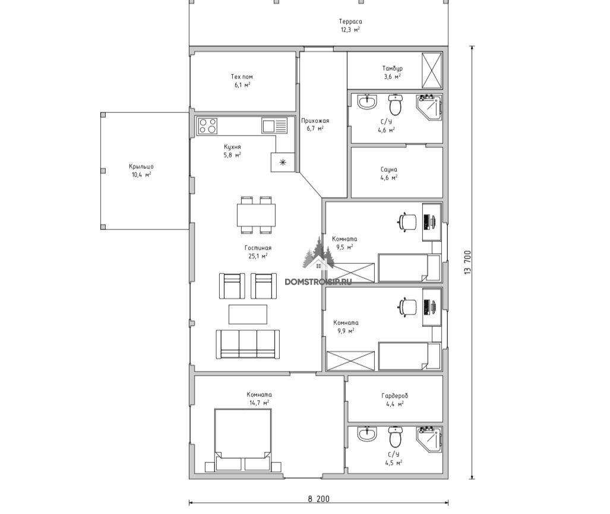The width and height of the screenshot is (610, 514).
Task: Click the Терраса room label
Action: click(x=350, y=21)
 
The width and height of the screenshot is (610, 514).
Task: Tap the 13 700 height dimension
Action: click(x=467, y=262)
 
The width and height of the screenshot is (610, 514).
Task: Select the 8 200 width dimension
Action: click(x=318, y=499)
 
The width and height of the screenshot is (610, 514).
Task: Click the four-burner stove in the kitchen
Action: click(x=207, y=126)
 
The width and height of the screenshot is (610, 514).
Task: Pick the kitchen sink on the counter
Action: click(x=274, y=126)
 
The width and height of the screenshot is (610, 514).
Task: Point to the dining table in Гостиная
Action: click(x=256, y=215)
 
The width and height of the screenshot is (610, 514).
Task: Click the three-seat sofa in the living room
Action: click(x=248, y=345)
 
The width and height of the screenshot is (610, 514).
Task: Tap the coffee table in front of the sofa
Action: click(x=248, y=314)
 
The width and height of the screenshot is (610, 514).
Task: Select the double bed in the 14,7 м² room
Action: click(x=243, y=440)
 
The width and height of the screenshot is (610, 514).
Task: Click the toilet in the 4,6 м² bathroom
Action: click(x=395, y=105)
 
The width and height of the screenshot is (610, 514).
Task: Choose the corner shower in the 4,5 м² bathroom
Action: click(x=429, y=440)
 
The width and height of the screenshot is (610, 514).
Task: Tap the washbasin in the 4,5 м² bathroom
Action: click(x=367, y=434)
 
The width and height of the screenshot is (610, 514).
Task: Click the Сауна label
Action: click(x=389, y=169)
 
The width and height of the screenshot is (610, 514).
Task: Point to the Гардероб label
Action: click(x=395, y=396)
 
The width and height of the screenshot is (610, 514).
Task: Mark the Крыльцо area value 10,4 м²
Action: click(x=141, y=175)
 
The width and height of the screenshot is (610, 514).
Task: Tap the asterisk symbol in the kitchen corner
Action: click(x=283, y=162)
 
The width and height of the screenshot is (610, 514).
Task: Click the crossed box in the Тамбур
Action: click(x=432, y=71)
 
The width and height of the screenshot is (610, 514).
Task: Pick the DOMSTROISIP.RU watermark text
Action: click(x=318, y=281)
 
